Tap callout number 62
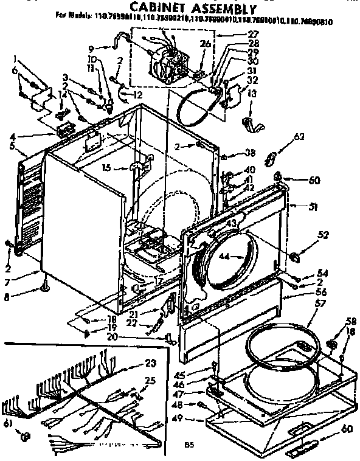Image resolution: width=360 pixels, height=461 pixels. tap(299, 137)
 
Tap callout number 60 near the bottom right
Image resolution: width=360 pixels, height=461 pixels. tap(346, 429)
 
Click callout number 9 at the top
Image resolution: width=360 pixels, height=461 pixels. tap(91, 48)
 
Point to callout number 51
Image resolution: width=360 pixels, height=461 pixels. tap(313, 207)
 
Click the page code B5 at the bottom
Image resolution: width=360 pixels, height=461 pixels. tap(190, 445)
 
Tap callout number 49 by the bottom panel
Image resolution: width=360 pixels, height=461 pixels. tap(195, 419)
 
